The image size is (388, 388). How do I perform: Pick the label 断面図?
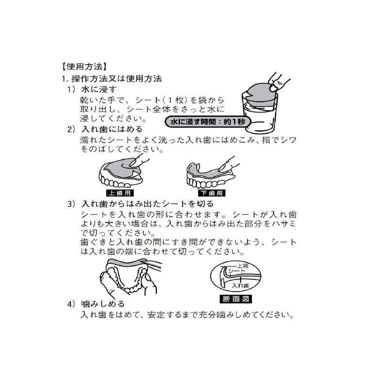click(x=237, y=298)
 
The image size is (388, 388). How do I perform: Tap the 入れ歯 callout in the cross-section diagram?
click(x=241, y=286)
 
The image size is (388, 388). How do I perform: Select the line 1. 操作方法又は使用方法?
click(x=111, y=79)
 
